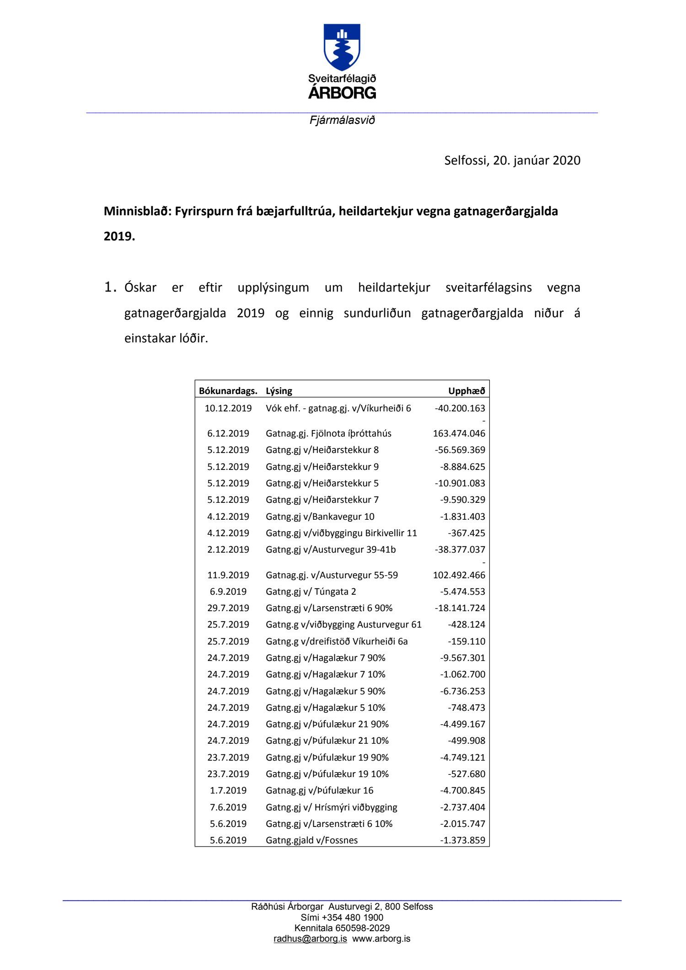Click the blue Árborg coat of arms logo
coord(342,47)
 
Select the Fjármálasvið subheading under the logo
coord(342,120)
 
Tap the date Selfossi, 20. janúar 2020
coord(512,160)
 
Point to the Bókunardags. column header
coord(228,391)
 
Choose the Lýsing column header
coord(279,391)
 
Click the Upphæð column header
coord(466,391)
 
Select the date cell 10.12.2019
coord(228,408)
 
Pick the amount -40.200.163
coord(460,408)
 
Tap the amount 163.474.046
coord(459,433)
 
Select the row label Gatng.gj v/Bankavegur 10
coord(320,517)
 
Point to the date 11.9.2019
coord(228,575)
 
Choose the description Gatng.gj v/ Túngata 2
coord(311,592)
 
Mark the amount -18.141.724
coord(460,608)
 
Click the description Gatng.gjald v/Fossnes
coord(311,840)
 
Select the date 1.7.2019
coord(228,790)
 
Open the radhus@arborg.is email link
coord(310,939)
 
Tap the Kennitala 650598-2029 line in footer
coord(342,928)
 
